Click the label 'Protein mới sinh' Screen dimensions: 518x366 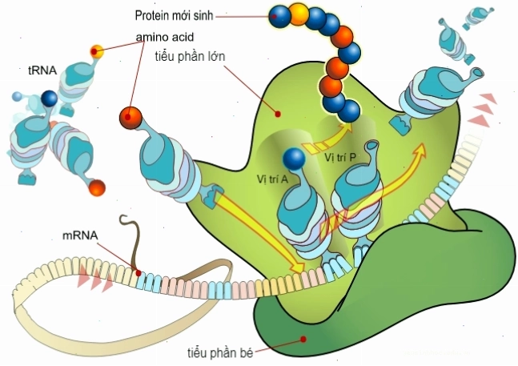point(174,15)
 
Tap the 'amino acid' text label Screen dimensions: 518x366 point(165,37)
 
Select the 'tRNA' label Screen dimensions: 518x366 point(42,70)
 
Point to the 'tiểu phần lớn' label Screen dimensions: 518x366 point(190,57)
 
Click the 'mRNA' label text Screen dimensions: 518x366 point(80,235)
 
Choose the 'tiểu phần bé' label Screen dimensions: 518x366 point(220,353)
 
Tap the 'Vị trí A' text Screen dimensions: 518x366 point(272,179)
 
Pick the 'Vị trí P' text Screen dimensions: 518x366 point(340,157)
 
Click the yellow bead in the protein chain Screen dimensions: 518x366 point(298,14)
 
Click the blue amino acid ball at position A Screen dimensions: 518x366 point(294,159)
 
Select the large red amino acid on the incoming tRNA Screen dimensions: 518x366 point(131,118)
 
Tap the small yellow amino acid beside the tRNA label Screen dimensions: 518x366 point(97,51)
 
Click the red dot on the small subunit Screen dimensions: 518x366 point(303,339)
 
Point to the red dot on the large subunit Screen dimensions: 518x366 point(278,114)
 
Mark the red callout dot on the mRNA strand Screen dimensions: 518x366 point(139,273)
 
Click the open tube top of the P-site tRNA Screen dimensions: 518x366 point(371,145)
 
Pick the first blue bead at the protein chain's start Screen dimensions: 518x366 point(279,16)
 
